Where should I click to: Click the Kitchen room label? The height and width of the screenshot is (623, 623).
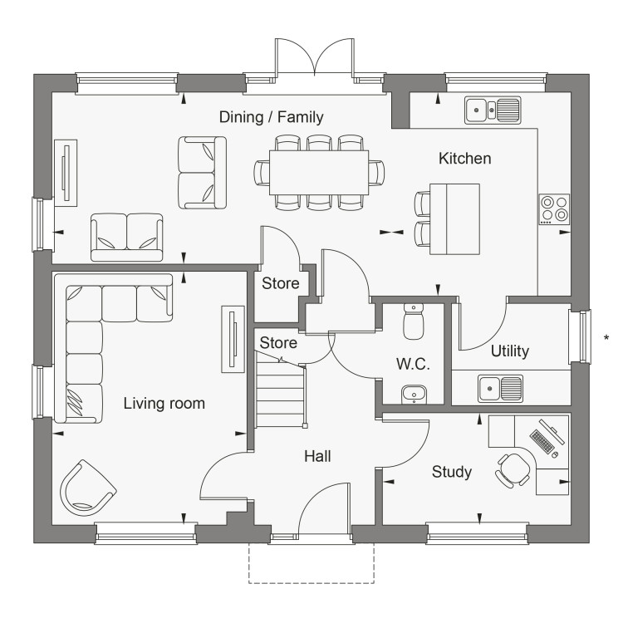(x=465, y=159)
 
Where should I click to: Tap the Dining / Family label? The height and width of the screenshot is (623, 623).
(x=272, y=117)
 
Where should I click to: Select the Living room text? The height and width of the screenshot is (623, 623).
(x=164, y=403)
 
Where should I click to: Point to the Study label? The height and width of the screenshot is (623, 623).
(x=452, y=472)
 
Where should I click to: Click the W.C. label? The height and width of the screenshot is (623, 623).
(x=413, y=364)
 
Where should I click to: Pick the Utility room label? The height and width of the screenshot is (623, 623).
(x=510, y=351)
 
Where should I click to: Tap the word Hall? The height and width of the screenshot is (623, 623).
(x=317, y=457)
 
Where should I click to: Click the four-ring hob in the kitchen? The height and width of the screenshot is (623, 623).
(x=554, y=209)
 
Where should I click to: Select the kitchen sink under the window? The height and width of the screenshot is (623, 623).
(x=493, y=110)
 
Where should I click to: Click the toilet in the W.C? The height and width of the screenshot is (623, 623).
(x=414, y=321)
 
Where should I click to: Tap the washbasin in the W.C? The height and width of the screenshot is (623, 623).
(x=414, y=394)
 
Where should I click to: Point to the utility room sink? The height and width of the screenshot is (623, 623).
(x=501, y=388)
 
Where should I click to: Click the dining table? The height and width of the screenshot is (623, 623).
(x=319, y=173)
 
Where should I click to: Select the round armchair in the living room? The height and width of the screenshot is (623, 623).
(x=87, y=487)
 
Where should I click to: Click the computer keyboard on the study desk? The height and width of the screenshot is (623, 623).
(x=542, y=441)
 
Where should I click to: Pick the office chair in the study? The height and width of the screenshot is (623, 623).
(x=513, y=470)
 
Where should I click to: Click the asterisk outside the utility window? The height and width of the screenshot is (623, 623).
(x=606, y=338)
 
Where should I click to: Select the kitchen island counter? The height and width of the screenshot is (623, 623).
(x=454, y=219)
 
